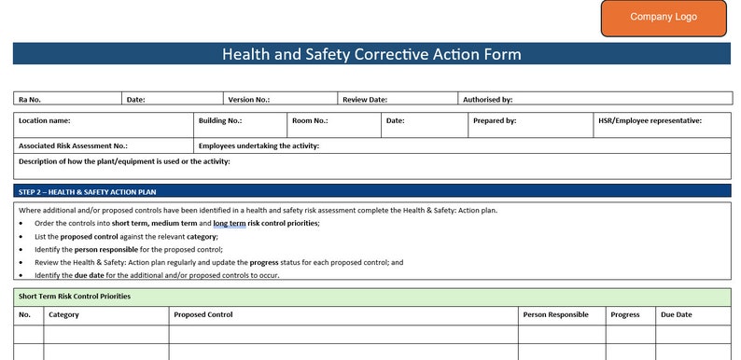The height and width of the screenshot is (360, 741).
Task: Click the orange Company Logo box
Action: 664,18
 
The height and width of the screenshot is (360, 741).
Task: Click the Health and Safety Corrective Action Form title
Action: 371,54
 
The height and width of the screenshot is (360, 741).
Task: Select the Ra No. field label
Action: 30,99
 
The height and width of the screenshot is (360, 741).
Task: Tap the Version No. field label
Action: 249,99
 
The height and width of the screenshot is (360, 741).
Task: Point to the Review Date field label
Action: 365,99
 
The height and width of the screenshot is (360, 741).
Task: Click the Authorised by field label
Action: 488,99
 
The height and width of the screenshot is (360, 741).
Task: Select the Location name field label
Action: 45,120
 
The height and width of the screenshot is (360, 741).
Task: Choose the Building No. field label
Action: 220,120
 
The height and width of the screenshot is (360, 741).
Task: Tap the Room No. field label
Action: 310,120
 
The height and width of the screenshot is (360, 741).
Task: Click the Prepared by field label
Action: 495,120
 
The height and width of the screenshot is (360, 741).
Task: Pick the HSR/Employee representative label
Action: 650,120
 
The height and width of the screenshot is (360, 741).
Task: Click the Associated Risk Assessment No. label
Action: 73,145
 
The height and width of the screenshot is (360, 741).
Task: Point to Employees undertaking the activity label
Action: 259,145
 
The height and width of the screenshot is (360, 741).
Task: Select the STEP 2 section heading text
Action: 88,191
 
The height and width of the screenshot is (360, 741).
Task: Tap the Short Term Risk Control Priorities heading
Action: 75,296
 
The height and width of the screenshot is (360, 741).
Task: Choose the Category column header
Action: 63,314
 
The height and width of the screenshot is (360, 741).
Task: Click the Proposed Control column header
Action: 203,314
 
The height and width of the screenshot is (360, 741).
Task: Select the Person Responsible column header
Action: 556,314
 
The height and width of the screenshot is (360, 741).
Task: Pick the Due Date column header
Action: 677,314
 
